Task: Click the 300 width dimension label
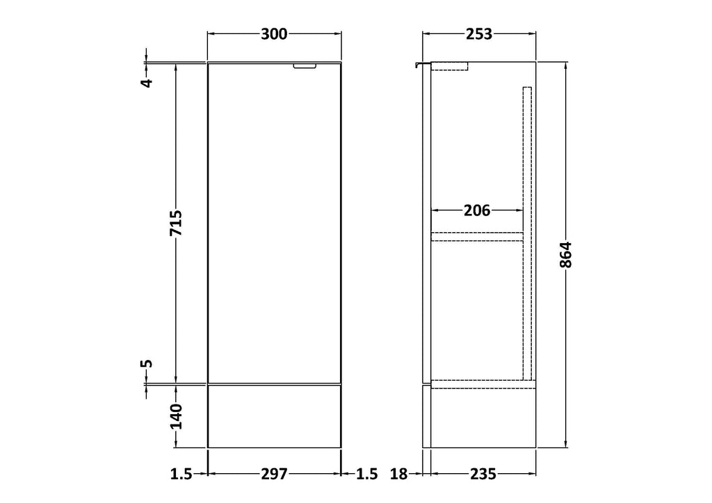[274, 34]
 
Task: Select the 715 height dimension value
[176, 223]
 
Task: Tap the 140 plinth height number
[176, 416]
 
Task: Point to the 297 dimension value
[274, 474]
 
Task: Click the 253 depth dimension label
[479, 34]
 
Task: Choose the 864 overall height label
[565, 255]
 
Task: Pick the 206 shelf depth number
[477, 211]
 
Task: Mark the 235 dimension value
[483, 474]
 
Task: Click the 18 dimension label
[399, 474]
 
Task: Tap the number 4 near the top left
[147, 83]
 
